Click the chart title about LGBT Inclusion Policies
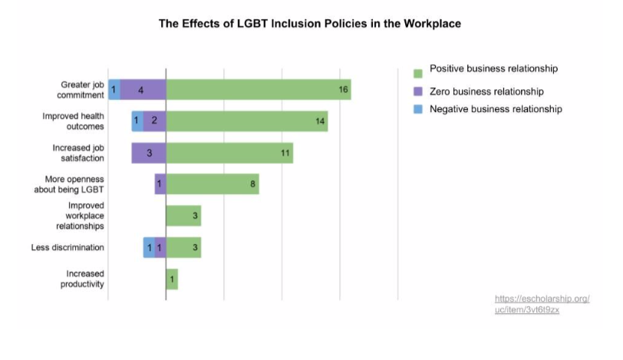(x=310, y=24)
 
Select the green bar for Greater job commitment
(x=258, y=90)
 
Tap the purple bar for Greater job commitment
(x=143, y=90)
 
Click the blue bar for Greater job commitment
(x=114, y=90)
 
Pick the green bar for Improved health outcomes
(x=246, y=121)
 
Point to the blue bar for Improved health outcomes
(x=137, y=121)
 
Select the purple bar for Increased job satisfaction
(x=148, y=153)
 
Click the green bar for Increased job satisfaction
(x=229, y=153)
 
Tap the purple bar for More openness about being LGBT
(x=160, y=184)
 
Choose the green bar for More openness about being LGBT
(x=212, y=184)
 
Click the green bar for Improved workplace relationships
(x=183, y=216)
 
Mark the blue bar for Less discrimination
(x=148, y=247)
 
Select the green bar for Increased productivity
(x=172, y=279)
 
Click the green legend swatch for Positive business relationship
(x=417, y=74)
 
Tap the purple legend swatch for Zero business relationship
(x=417, y=92)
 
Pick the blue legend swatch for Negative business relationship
(x=417, y=111)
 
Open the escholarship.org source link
(x=542, y=303)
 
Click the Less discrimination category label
(x=68, y=247)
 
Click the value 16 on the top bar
(x=344, y=90)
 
